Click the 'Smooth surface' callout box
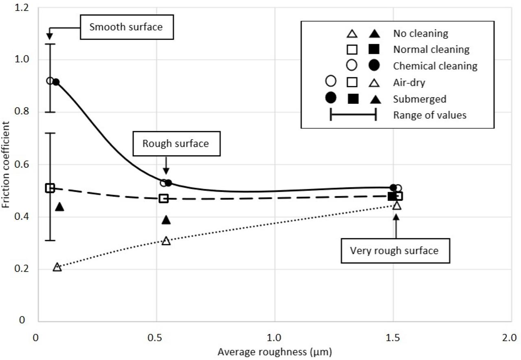point(126,27)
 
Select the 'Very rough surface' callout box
point(394,250)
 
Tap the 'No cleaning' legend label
point(420,33)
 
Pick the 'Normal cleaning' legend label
point(431,50)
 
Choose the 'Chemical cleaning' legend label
point(435,66)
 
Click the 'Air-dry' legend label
point(409,83)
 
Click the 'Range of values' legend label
point(429,115)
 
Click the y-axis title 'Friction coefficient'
point(6,163)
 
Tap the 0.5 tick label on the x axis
point(157,338)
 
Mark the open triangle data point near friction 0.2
point(57,267)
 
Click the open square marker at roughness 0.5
point(164,198)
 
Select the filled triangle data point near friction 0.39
point(166,220)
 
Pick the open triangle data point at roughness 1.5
point(396,205)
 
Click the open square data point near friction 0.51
point(50,188)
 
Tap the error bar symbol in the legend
point(353,115)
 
